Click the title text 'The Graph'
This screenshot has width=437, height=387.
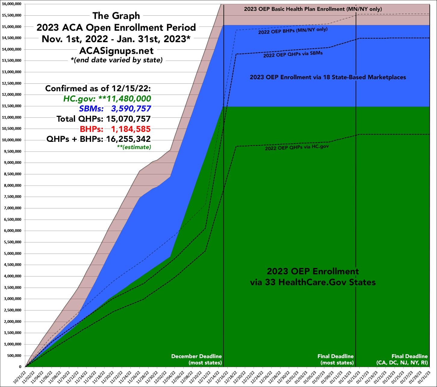[116, 15]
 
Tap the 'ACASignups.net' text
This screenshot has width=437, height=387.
[116, 50]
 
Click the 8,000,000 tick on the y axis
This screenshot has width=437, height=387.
[13, 186]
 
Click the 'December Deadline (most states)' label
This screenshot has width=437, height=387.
[196, 359]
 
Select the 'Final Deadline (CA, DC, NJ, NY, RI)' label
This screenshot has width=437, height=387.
[402, 359]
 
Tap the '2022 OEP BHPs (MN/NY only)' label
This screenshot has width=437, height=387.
[293, 30]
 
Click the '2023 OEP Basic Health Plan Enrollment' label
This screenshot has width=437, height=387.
[313, 9]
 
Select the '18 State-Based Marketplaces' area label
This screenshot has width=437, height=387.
[328, 77]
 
